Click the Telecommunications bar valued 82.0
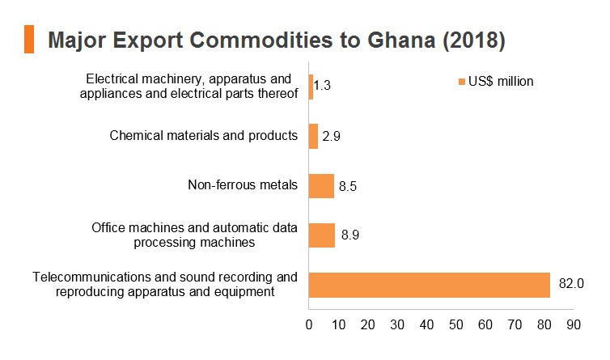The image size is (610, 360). pos(430,285)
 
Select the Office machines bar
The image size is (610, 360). pos(322,235)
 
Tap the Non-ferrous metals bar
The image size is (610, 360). pos(321,186)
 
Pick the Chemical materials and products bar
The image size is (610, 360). pos(313,136)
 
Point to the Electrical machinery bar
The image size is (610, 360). pos(311,87)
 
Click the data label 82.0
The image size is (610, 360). pos(571,283)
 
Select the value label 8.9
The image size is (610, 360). pos(350,235)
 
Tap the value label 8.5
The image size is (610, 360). pos(347,186)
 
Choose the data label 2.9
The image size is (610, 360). pos(331,136)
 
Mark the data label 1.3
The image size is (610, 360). pos(322,85)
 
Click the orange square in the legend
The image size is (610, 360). pos(462,82)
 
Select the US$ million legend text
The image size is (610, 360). pos(501,82)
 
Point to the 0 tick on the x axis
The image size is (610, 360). pos(309,324)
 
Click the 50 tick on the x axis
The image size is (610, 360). pos(456,324)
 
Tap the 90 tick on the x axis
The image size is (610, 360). pos(574,324)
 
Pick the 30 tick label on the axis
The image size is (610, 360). pos(397,324)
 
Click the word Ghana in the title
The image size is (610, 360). pos(401,40)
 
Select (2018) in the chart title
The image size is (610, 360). pos(474,40)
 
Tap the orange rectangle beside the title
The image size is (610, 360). pos(29,39)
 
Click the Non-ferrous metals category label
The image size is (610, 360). pos(243,184)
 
